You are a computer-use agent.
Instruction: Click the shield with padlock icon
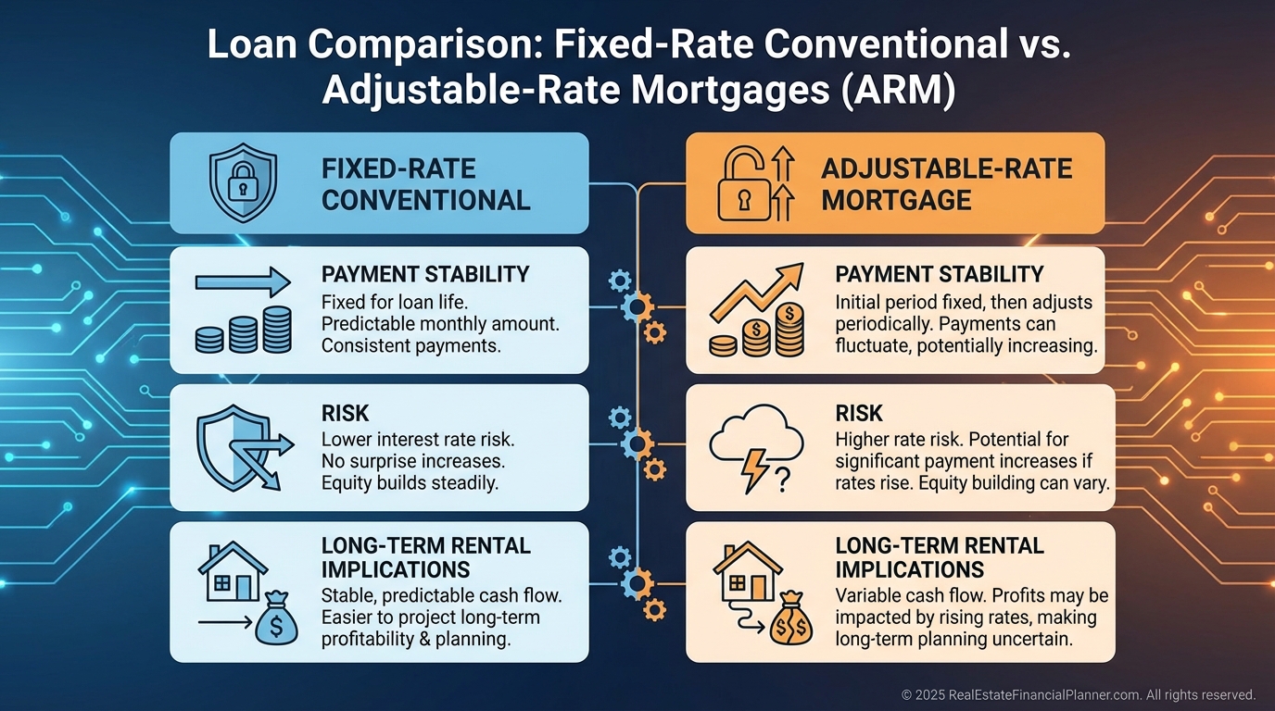pyautogui.click(x=243, y=182)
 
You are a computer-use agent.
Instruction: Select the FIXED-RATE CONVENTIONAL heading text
pyautogui.click(x=425, y=185)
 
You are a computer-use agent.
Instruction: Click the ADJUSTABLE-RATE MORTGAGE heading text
pyautogui.click(x=947, y=184)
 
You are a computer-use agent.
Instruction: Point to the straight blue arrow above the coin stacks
pyautogui.click(x=243, y=282)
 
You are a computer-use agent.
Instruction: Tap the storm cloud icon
pyautogui.click(x=756, y=437)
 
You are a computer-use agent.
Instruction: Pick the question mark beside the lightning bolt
pyautogui.click(x=783, y=480)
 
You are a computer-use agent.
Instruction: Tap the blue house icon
pyautogui.click(x=233, y=571)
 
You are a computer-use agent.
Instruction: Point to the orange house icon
pyautogui.click(x=748, y=571)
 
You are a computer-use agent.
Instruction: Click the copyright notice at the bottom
pyautogui.click(x=1079, y=694)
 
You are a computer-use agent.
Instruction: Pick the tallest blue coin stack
pyautogui.click(x=277, y=330)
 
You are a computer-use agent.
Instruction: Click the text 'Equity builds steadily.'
pyautogui.click(x=410, y=483)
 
